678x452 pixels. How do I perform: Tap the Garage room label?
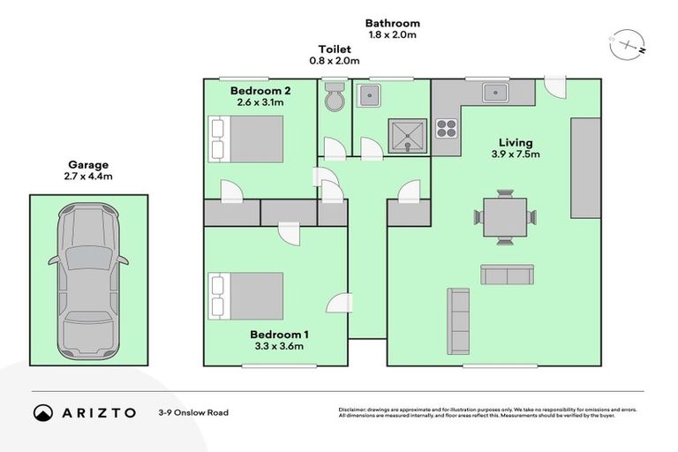click(x=88, y=164)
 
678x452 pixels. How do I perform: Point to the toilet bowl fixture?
click(x=335, y=98)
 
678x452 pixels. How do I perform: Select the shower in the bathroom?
click(x=407, y=134)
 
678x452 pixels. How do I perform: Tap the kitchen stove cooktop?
click(x=447, y=127)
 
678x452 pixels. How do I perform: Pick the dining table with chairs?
click(x=505, y=215)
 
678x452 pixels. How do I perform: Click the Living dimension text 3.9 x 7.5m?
click(x=516, y=154)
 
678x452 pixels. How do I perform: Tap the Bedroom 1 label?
click(x=279, y=334)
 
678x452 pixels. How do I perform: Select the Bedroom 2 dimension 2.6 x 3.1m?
click(x=260, y=102)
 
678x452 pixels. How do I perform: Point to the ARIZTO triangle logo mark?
click(x=42, y=412)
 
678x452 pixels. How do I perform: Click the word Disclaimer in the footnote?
click(x=355, y=410)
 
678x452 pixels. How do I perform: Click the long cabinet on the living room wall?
click(x=584, y=168)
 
